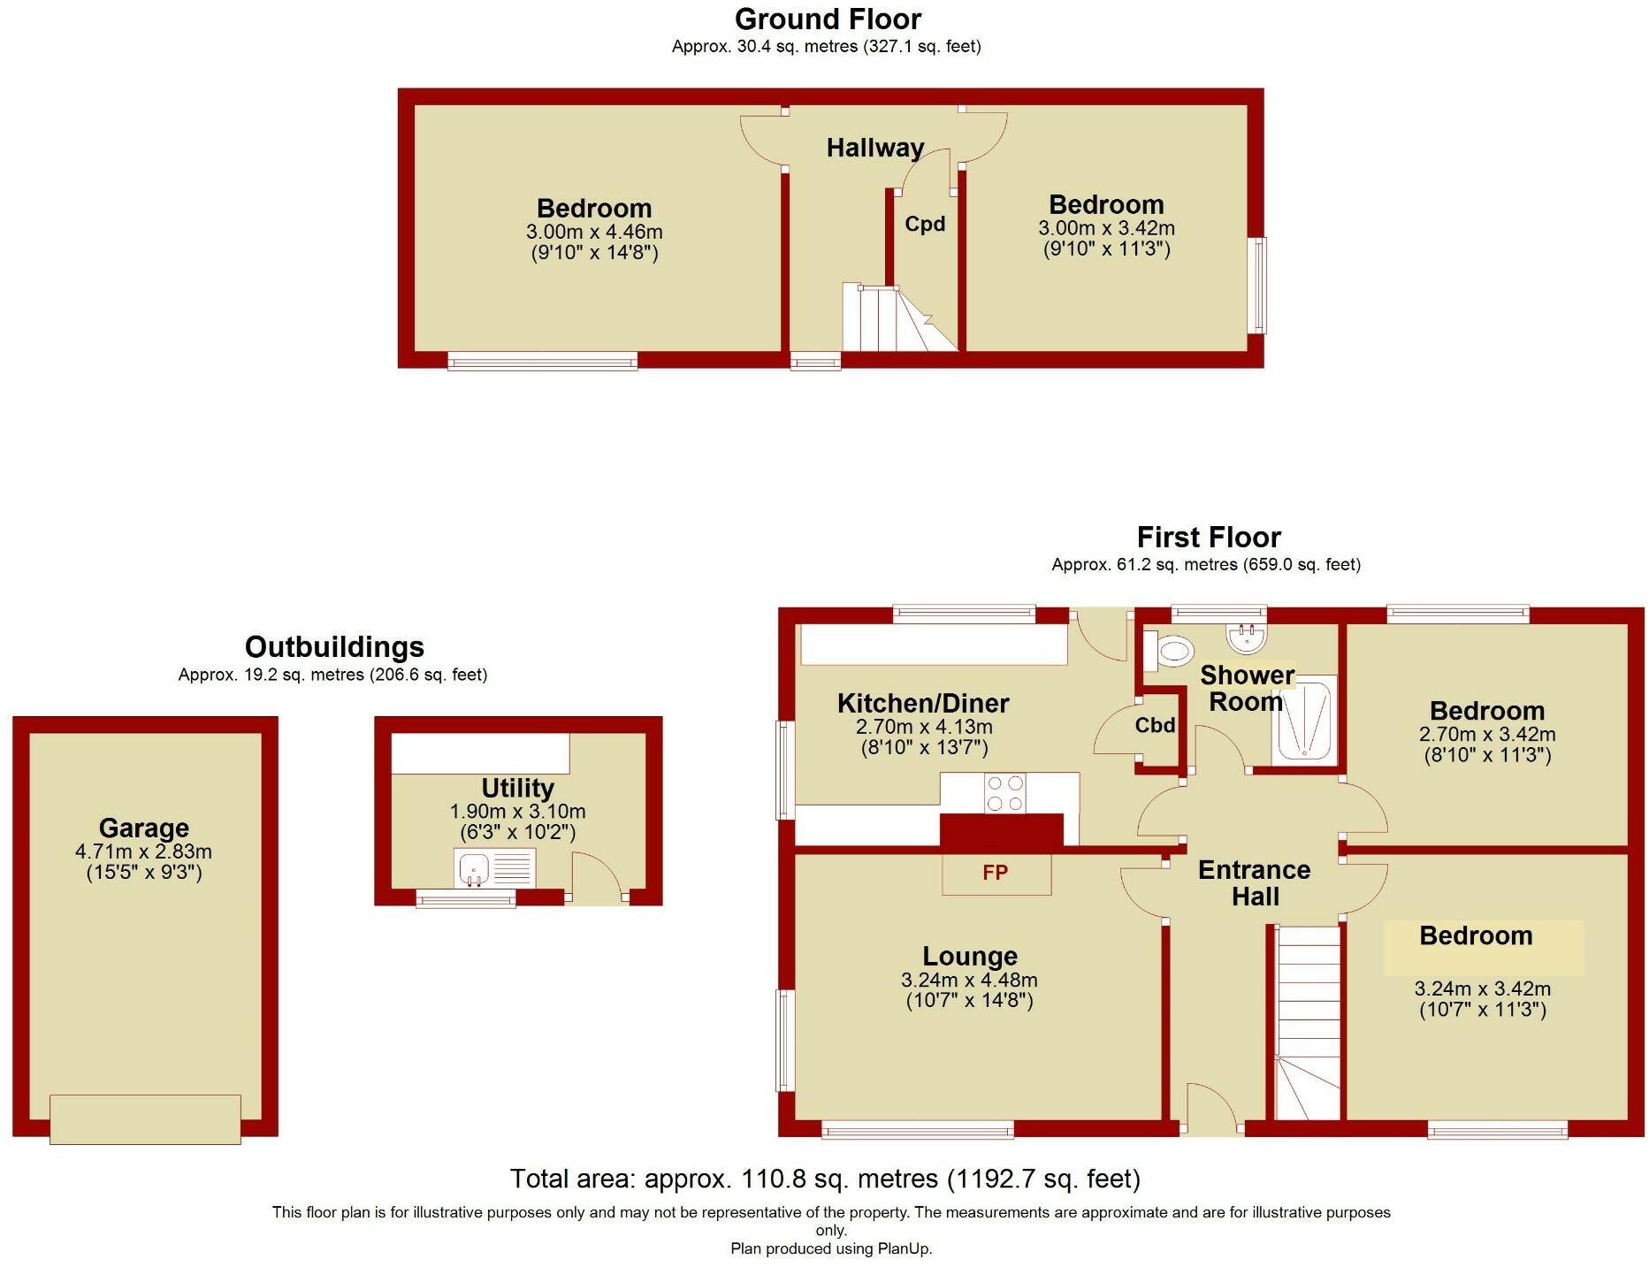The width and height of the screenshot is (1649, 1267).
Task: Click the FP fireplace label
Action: [995, 873]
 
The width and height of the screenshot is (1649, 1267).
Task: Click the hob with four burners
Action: [1005, 792]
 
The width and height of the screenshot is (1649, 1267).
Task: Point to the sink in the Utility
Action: [475, 868]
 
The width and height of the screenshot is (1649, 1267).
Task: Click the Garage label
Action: [144, 828]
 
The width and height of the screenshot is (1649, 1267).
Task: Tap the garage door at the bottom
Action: [145, 1118]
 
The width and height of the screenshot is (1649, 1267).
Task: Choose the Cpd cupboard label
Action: [925, 224]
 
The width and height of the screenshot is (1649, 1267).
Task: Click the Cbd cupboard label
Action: [1155, 725]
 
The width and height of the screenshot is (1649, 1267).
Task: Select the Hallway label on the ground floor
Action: [875, 148]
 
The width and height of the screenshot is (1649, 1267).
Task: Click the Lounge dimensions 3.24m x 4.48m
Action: [969, 980]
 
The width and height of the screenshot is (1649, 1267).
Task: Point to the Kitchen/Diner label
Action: [923, 703]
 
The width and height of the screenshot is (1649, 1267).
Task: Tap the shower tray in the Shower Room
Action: [1304, 721]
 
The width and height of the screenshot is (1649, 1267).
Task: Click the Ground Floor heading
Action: [828, 19]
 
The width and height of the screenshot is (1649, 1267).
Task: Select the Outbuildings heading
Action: [334, 646]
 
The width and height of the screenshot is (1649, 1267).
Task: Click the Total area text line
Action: [825, 1179]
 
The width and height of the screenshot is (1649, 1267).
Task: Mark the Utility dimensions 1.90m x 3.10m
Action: [517, 811]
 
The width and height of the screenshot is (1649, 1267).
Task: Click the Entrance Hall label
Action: [1254, 882]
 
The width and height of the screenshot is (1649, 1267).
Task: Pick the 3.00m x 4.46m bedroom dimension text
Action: [594, 232]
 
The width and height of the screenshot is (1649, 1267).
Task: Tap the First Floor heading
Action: [1208, 537]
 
